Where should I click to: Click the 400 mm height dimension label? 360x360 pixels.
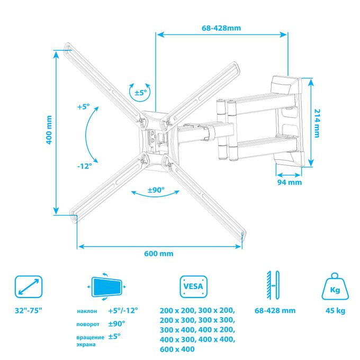pyautogui.click(x=49, y=130)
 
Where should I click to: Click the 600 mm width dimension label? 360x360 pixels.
pyautogui.click(x=159, y=254)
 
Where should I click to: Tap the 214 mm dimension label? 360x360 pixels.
pyautogui.click(x=317, y=123)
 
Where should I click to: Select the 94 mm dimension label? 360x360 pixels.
pyautogui.click(x=289, y=182)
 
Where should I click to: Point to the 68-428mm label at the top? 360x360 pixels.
pyautogui.click(x=221, y=28)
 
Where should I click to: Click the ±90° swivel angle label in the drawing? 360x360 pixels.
pyautogui.click(x=156, y=190)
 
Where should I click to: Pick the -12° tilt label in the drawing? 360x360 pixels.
pyautogui.click(x=85, y=166)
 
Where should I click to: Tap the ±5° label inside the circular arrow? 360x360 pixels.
pyautogui.click(x=140, y=93)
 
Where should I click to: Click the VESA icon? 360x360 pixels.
pyautogui.click(x=194, y=287)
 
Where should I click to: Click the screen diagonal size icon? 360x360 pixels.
pyautogui.click(x=29, y=287)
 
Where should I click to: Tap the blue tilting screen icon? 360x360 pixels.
pyautogui.click(x=106, y=287)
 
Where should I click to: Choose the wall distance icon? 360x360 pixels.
pyautogui.click(x=273, y=285)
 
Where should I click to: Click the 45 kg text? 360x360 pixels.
pyautogui.click(x=335, y=311)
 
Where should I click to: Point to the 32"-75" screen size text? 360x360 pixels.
pyautogui.click(x=29, y=311)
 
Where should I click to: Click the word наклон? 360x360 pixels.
pyautogui.click(x=87, y=311)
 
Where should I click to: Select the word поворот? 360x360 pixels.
pyautogui.click(x=88, y=325)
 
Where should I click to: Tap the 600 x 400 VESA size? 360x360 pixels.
pyautogui.click(x=177, y=349)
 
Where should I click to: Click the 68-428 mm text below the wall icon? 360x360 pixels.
pyautogui.click(x=275, y=311)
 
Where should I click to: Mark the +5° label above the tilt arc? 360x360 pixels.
pyautogui.click(x=84, y=107)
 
